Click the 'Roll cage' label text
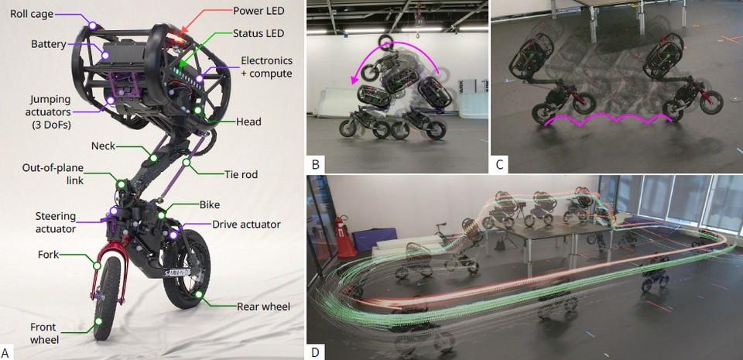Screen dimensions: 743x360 pos(31,14)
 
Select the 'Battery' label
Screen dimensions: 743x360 pos(48,44)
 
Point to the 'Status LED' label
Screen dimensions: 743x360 pos(259,33)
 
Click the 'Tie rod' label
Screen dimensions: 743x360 pos(241,174)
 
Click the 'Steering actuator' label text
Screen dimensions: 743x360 pos(56,222)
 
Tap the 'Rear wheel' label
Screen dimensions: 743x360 pos(263,307)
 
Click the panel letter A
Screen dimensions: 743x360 pos(5,352)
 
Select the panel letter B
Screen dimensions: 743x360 pos(315,165)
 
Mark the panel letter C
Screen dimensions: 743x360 pos(499,165)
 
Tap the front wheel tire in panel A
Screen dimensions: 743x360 pos(106,298)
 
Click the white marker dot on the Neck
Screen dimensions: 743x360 pos(153,158)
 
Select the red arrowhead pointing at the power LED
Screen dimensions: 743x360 pos(184,31)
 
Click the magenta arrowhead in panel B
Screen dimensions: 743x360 pos(354,80)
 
